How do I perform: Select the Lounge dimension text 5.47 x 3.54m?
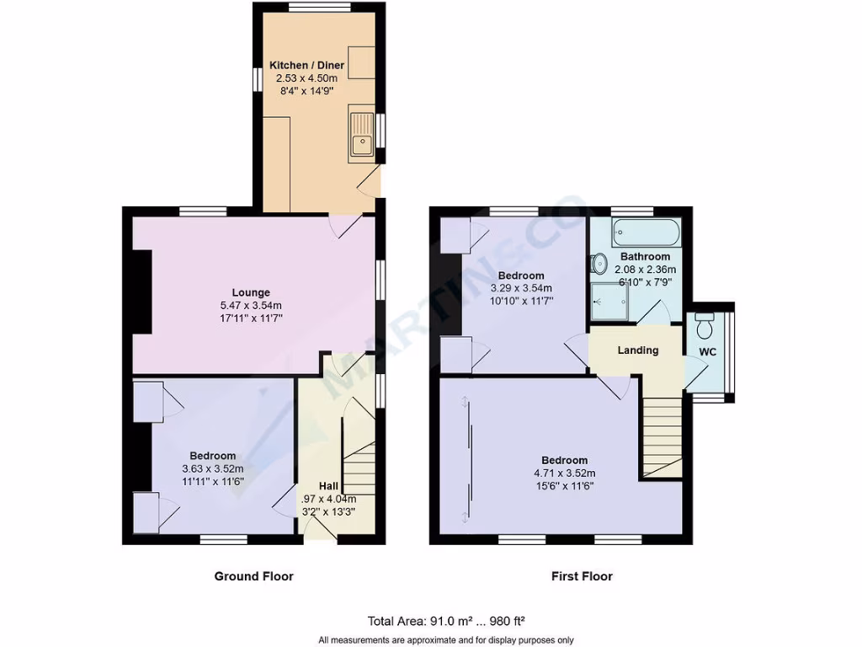252,306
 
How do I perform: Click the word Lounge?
252,293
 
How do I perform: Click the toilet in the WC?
705,323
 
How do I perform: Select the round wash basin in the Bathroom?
599,265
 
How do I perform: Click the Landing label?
637,350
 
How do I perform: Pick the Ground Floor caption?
253,576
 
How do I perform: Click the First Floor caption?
582,576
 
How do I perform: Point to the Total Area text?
446,622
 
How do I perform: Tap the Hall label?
328,486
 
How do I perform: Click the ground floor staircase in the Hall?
358,463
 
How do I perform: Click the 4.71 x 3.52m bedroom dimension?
564,473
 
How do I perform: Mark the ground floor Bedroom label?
212,457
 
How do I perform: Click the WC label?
708,351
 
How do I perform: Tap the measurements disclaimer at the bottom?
446,639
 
